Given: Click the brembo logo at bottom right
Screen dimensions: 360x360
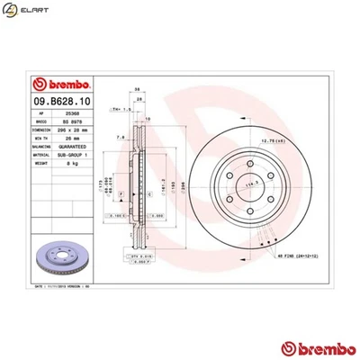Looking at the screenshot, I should tap(312, 346).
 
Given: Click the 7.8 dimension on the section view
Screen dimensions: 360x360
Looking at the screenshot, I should tap(121, 138).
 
